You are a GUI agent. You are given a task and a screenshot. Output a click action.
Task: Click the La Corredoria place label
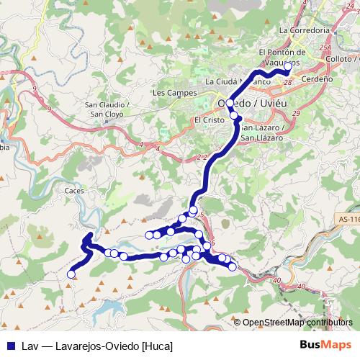(305, 31)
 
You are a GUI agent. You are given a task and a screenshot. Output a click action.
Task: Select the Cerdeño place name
(318, 78)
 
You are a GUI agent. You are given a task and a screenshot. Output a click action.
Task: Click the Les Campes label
(171, 93)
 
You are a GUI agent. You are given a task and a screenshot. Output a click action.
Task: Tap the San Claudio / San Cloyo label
(107, 109)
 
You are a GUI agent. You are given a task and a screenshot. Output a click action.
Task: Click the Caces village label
(75, 191)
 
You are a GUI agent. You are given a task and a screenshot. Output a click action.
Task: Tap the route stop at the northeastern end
(288, 66)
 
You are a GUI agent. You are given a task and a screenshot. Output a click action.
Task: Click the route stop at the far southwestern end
(71, 274)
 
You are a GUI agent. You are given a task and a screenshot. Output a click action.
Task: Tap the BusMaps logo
(326, 346)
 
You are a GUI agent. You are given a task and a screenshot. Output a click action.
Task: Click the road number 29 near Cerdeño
(297, 114)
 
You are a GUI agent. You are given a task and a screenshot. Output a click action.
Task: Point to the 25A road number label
(324, 46)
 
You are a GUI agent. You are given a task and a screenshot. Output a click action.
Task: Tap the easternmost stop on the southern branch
(233, 267)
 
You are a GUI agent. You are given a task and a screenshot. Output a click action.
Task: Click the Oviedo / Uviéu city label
(248, 103)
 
